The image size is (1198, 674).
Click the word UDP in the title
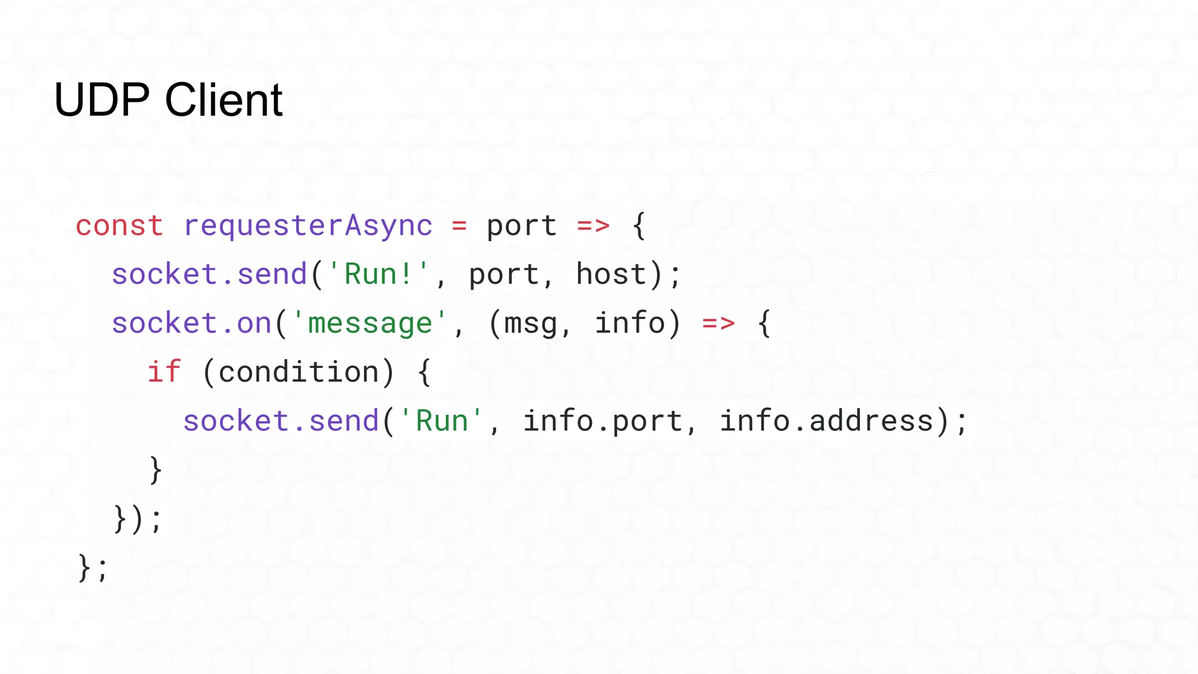click(x=102, y=100)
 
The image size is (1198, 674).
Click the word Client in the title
click(x=223, y=100)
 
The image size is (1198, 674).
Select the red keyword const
click(x=119, y=226)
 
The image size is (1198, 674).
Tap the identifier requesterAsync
click(x=308, y=226)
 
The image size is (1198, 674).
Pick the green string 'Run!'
click(x=378, y=274)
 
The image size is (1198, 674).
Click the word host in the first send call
click(x=611, y=274)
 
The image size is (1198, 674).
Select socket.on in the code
click(x=192, y=324)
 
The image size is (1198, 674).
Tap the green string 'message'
click(x=370, y=324)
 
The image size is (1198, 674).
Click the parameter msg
click(x=531, y=324)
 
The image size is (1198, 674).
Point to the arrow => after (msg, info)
click(x=718, y=324)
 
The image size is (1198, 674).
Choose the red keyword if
click(x=164, y=372)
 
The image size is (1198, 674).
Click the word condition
click(x=299, y=372)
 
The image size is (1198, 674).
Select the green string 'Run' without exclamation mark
click(x=442, y=421)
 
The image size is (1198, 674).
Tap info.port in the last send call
click(x=603, y=421)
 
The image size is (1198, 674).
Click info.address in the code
click(x=826, y=421)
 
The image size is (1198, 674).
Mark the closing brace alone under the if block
click(x=156, y=470)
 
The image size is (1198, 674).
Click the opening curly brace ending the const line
click(x=639, y=226)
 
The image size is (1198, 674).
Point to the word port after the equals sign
click(x=521, y=226)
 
